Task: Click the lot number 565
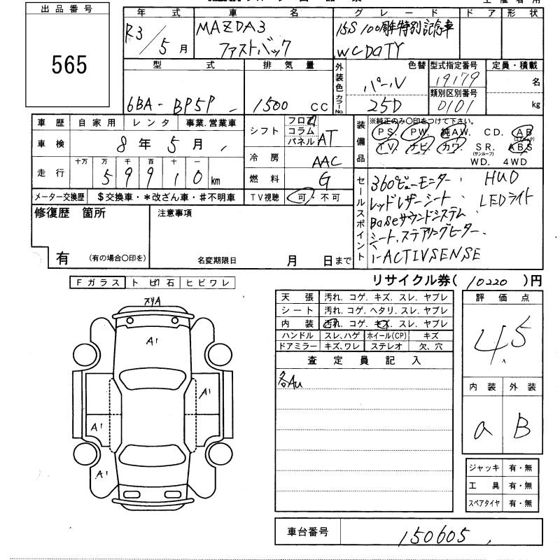pos(69,64)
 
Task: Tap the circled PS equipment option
pos(382,131)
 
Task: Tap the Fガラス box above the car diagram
pos(97,283)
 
